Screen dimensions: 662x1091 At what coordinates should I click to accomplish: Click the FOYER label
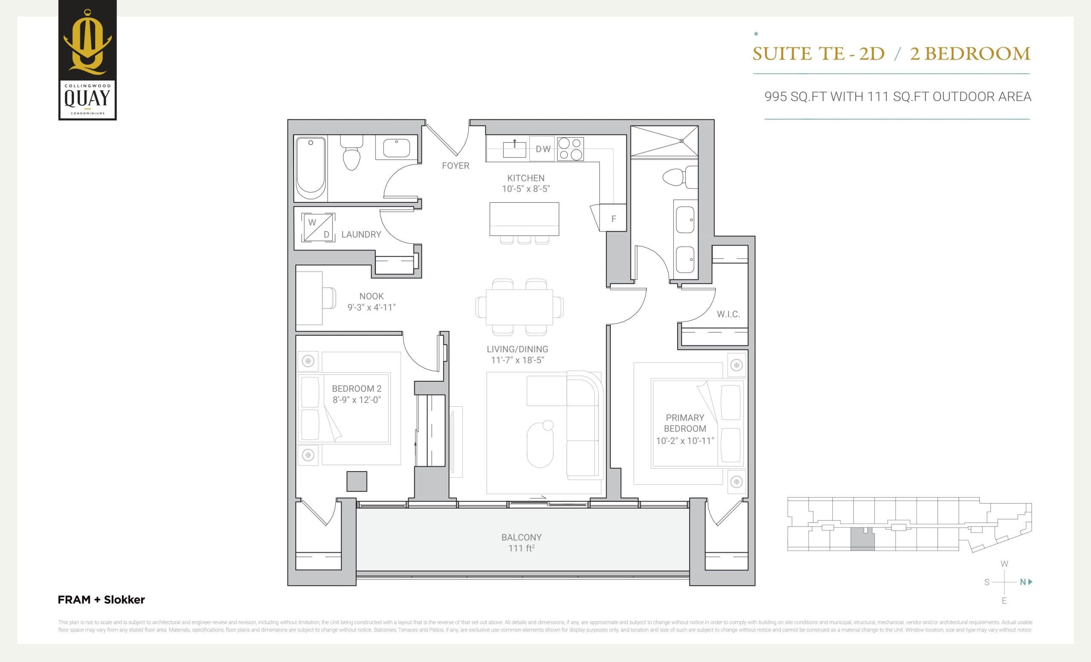[x=455, y=165]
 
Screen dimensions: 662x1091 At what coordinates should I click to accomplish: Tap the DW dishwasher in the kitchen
[x=543, y=149]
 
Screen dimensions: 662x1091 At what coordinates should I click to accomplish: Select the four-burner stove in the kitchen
[x=570, y=149]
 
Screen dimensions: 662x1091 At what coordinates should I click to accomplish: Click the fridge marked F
[x=613, y=219]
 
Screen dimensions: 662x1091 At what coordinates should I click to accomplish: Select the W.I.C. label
[x=728, y=314]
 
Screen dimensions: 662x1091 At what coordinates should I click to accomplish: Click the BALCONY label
[x=521, y=537]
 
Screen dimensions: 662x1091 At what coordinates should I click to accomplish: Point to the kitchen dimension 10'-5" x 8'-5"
[x=525, y=189]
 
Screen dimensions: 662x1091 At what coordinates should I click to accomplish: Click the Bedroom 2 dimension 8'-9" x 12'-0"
[x=356, y=400]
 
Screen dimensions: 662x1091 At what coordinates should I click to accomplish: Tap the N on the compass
[x=1023, y=582]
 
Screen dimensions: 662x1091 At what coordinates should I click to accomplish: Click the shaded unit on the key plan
[x=862, y=540]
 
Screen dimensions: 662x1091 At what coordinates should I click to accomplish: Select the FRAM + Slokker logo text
[x=101, y=600]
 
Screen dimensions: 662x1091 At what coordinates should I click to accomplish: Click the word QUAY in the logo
[x=87, y=98]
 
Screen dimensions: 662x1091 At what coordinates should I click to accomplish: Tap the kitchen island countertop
[x=524, y=219]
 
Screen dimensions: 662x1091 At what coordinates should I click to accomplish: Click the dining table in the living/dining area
[x=519, y=307]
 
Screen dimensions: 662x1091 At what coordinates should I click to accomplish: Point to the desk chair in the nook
[x=329, y=298]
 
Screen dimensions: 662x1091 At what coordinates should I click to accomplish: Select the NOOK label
[x=371, y=296]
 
